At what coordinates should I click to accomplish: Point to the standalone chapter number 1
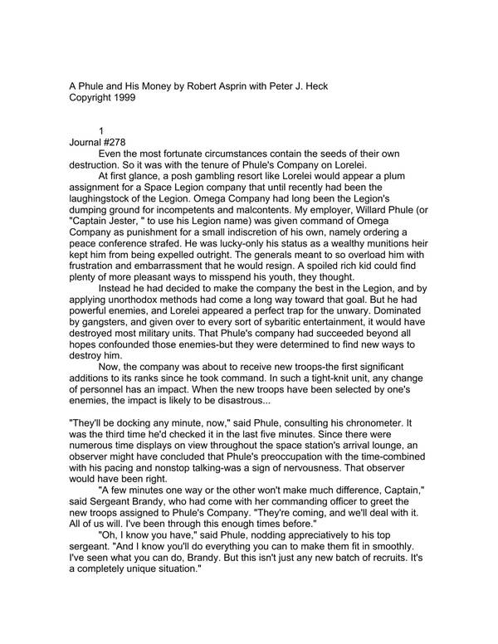click(100, 130)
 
